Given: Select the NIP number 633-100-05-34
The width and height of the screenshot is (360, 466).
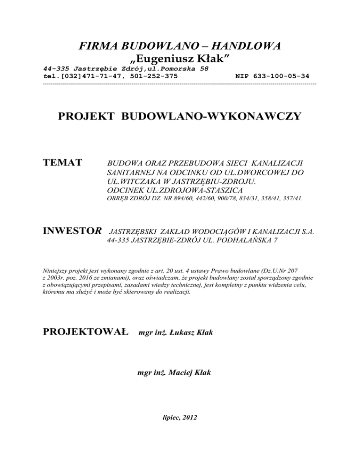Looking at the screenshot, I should coord(278,75).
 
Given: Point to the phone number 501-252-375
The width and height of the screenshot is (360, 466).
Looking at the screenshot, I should coord(155,75).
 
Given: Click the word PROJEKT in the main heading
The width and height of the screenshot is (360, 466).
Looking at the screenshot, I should coord(87,116).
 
